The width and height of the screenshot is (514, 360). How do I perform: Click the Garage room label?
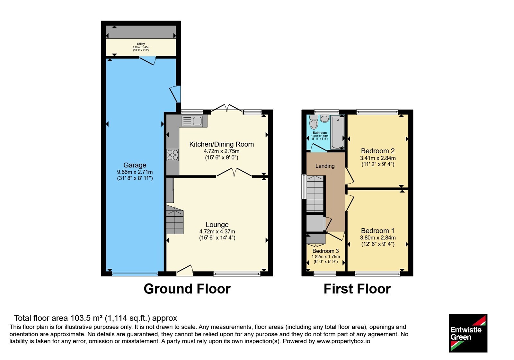click(x=135, y=165)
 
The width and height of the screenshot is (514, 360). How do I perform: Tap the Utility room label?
click(x=141, y=44)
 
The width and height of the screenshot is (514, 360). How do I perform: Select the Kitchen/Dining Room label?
click(x=221, y=144)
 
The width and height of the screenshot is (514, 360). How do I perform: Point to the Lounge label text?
click(x=217, y=225)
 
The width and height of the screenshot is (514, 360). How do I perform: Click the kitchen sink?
click(x=192, y=121)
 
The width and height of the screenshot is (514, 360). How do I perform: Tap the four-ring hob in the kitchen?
click(x=173, y=155)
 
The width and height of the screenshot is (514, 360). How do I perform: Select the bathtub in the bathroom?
click(x=338, y=132)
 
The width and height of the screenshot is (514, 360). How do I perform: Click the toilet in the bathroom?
click(x=314, y=122)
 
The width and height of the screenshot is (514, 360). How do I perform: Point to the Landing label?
click(x=325, y=166)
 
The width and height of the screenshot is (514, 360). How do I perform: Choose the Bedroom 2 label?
click(x=378, y=151)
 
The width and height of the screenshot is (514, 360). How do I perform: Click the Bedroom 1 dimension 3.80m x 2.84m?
click(x=378, y=238)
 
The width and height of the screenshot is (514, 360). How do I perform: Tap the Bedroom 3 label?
click(x=325, y=251)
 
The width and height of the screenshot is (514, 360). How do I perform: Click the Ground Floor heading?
click(x=187, y=289)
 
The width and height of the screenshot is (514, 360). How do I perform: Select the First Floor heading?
click(x=357, y=289)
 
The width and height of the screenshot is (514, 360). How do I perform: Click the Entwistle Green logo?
click(x=468, y=333)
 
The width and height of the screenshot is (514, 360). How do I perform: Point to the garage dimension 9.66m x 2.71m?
click(x=135, y=172)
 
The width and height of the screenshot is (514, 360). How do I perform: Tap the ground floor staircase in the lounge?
click(x=175, y=220)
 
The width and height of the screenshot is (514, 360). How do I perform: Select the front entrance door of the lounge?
click(x=185, y=270)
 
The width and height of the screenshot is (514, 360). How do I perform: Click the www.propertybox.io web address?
click(x=343, y=341)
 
